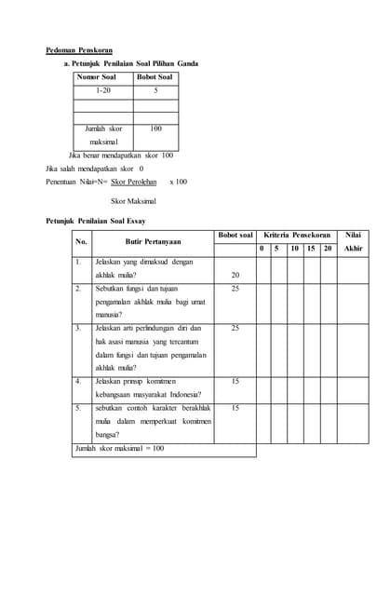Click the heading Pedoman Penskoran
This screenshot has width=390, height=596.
point(79,49)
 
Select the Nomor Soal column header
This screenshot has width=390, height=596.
point(96,77)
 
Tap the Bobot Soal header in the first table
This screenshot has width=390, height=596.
point(155,77)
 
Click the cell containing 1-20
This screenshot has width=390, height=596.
point(102,90)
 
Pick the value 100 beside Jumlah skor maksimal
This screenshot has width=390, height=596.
point(155,129)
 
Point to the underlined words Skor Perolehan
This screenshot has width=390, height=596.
point(132,182)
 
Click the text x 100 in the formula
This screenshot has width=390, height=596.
point(178,182)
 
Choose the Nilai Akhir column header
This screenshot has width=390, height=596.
point(353,241)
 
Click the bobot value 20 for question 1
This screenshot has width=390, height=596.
point(235,276)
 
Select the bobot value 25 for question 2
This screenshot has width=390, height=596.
point(235,289)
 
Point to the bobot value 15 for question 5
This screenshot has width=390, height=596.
point(235,408)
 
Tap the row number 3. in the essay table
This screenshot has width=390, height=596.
point(78,328)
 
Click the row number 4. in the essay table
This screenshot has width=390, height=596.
point(78,381)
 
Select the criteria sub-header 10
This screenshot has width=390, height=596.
point(294,249)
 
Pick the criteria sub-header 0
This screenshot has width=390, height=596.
point(262,249)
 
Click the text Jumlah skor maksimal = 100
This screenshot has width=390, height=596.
point(119,449)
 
